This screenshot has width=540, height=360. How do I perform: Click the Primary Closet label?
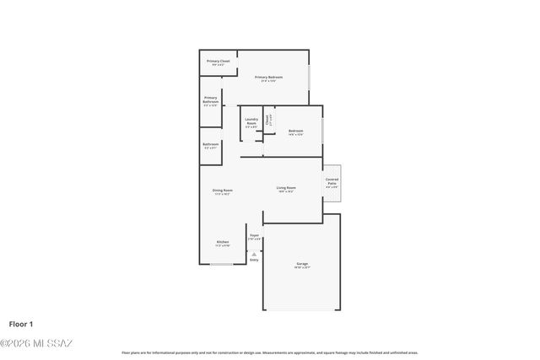(x=218, y=62)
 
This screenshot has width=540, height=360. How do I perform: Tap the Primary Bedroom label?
(x=269, y=78)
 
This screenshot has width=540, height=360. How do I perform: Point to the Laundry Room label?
(x=251, y=121)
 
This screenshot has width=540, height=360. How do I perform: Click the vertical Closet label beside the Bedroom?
(x=268, y=120)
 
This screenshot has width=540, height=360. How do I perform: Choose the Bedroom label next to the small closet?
(x=295, y=132)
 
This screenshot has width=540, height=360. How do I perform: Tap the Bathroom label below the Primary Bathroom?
(x=210, y=145)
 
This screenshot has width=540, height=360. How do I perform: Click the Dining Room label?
(x=222, y=191)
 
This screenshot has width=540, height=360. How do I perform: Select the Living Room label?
(x=286, y=188)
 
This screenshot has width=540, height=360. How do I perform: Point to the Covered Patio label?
(x=332, y=181)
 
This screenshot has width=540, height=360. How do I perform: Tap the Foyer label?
(x=254, y=236)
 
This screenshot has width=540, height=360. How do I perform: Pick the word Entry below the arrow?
(x=254, y=260)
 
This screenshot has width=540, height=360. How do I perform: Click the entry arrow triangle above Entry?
(x=254, y=253)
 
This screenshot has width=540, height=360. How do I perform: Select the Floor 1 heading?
(x=21, y=324)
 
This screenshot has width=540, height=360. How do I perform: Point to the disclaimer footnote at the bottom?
(x=269, y=352)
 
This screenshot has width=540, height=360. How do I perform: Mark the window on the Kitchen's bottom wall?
(x=222, y=265)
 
